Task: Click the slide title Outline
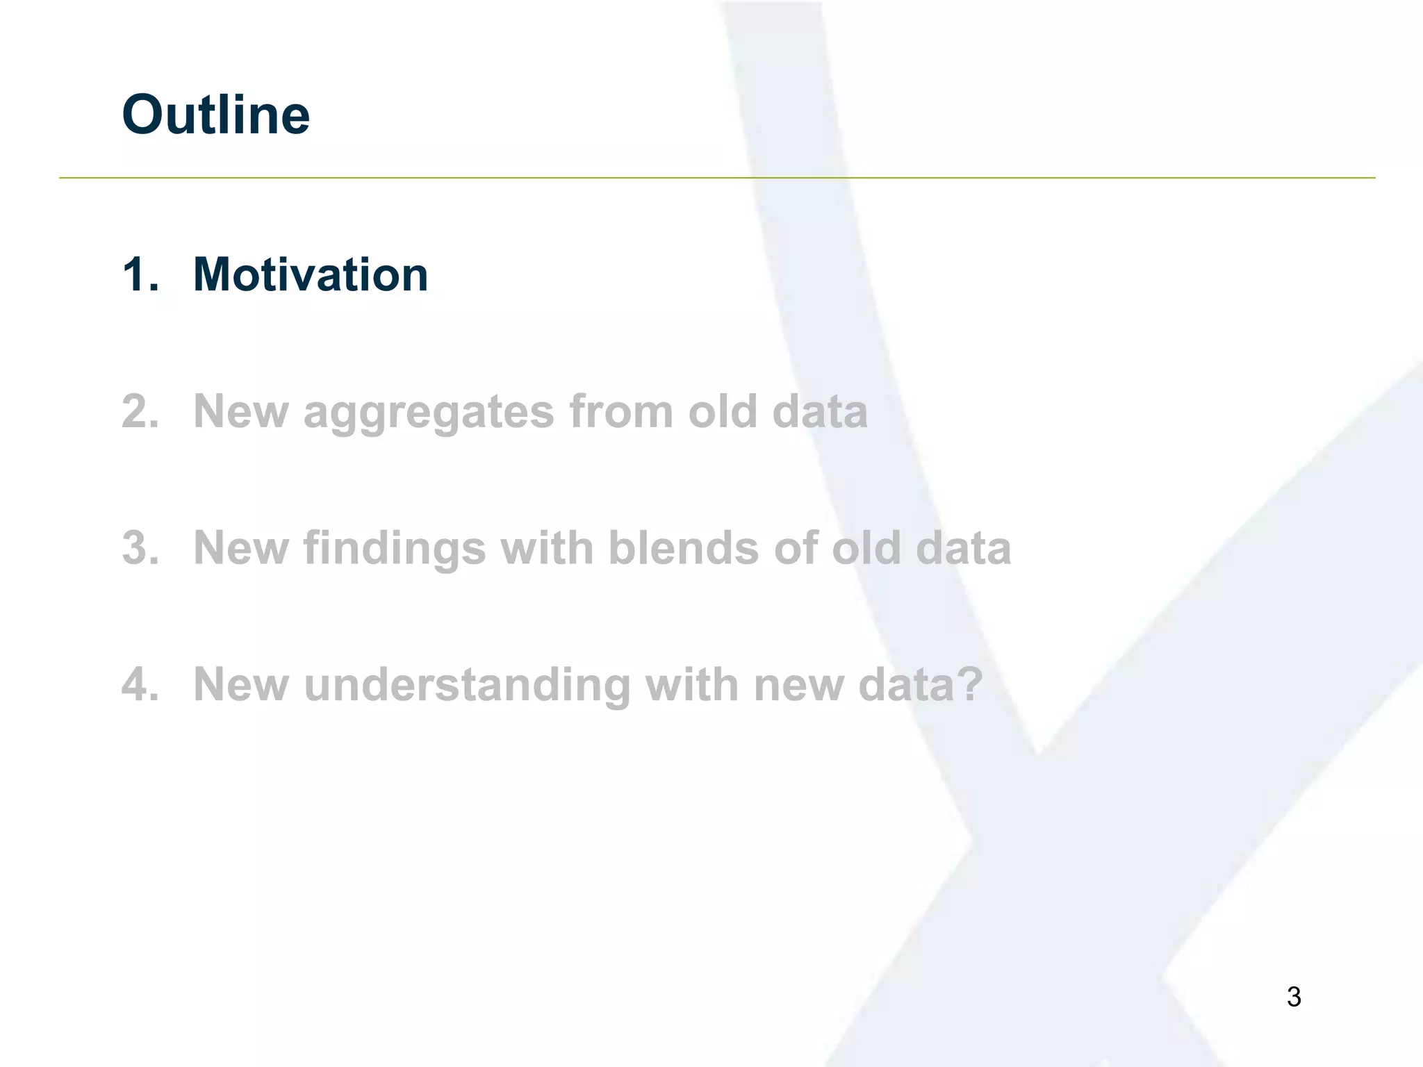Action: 215,115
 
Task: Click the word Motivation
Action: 310,274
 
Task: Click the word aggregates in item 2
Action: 429,413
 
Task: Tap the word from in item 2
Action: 620,411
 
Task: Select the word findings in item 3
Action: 394,549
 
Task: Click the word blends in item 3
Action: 684,548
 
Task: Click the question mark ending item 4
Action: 969,684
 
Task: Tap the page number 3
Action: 1293,997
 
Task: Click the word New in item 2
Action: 240,411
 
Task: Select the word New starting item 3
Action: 240,548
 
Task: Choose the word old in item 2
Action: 722,411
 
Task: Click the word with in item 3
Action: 546,548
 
